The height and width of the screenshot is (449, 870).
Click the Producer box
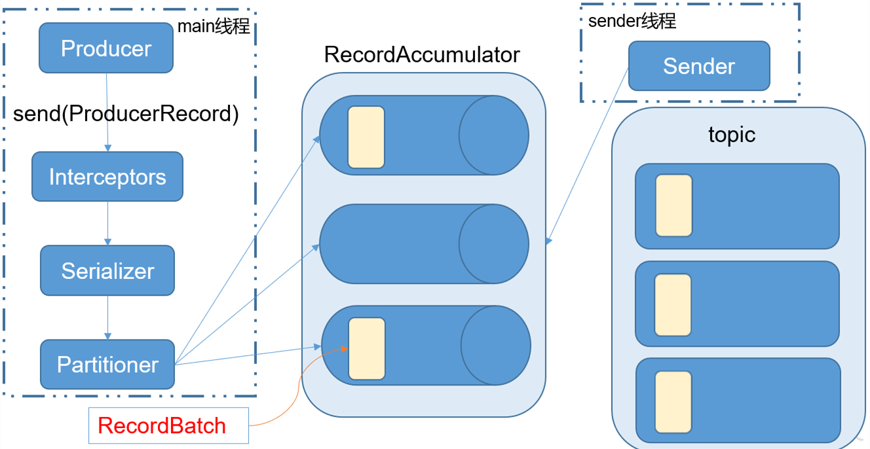pos(106,48)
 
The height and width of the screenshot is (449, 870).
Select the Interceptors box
pos(107,177)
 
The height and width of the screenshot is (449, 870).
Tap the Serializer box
pos(107,270)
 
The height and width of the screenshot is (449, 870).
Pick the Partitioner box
pos(107,365)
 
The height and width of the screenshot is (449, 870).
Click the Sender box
pos(699,66)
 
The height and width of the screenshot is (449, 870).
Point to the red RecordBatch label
pos(162,425)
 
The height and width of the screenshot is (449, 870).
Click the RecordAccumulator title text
pos(422,54)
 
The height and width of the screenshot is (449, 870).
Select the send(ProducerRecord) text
pos(126,114)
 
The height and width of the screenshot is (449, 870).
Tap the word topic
pos(732,135)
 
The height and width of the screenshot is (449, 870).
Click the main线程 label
pos(214,26)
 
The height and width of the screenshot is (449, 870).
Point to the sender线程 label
pos(632,21)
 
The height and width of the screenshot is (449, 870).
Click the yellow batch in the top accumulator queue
pos(366,137)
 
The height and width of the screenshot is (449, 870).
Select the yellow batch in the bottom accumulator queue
pos(367,348)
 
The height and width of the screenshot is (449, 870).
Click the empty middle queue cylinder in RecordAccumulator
pos(424,244)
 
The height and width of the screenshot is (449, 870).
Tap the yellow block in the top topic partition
pos(674,206)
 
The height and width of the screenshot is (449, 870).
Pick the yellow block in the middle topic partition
pos(673,305)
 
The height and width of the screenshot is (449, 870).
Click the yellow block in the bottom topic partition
pos(673,402)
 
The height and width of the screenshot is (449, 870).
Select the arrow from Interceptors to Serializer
pos(108,223)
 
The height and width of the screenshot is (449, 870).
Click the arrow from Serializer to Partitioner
pos(108,317)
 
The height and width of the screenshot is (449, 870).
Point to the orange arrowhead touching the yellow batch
pos(345,349)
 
